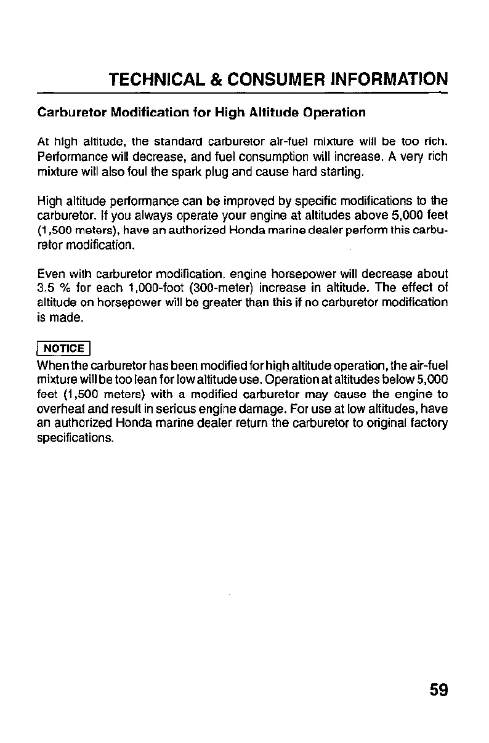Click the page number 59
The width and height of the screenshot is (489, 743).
tap(438, 690)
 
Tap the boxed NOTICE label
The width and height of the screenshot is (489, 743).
tap(64, 348)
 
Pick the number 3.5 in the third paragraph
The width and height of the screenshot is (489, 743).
tap(47, 288)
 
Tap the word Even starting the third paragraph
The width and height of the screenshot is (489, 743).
tap(50, 274)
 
